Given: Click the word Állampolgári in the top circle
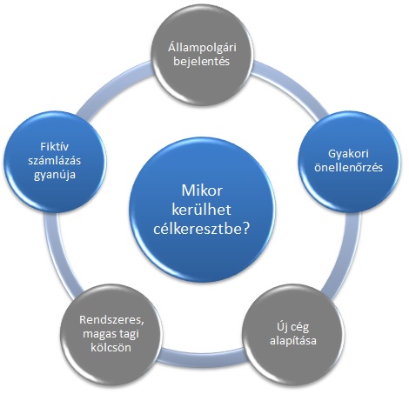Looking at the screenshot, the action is pos(202,48).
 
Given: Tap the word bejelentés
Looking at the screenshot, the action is pos(202,62).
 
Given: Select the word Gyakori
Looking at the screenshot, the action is pos(348,154).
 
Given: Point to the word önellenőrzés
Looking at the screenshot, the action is pos(348,168).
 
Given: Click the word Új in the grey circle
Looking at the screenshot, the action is pos(281,327).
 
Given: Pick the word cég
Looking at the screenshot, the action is pos(299,328).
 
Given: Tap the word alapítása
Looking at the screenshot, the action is pos(293,341).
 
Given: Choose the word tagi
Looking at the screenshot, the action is pos(129,334).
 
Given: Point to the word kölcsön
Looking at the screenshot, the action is pos(111,347).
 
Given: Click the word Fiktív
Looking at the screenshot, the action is pos(55,147).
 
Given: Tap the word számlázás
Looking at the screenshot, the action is pos(55,160).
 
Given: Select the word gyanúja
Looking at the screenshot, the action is pos(55,175).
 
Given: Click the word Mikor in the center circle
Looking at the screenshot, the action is pos(202,190).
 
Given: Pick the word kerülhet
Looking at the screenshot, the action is pos(202,210).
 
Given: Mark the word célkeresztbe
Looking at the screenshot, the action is pos(198,229).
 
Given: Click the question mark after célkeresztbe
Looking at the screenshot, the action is pos(245,229).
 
